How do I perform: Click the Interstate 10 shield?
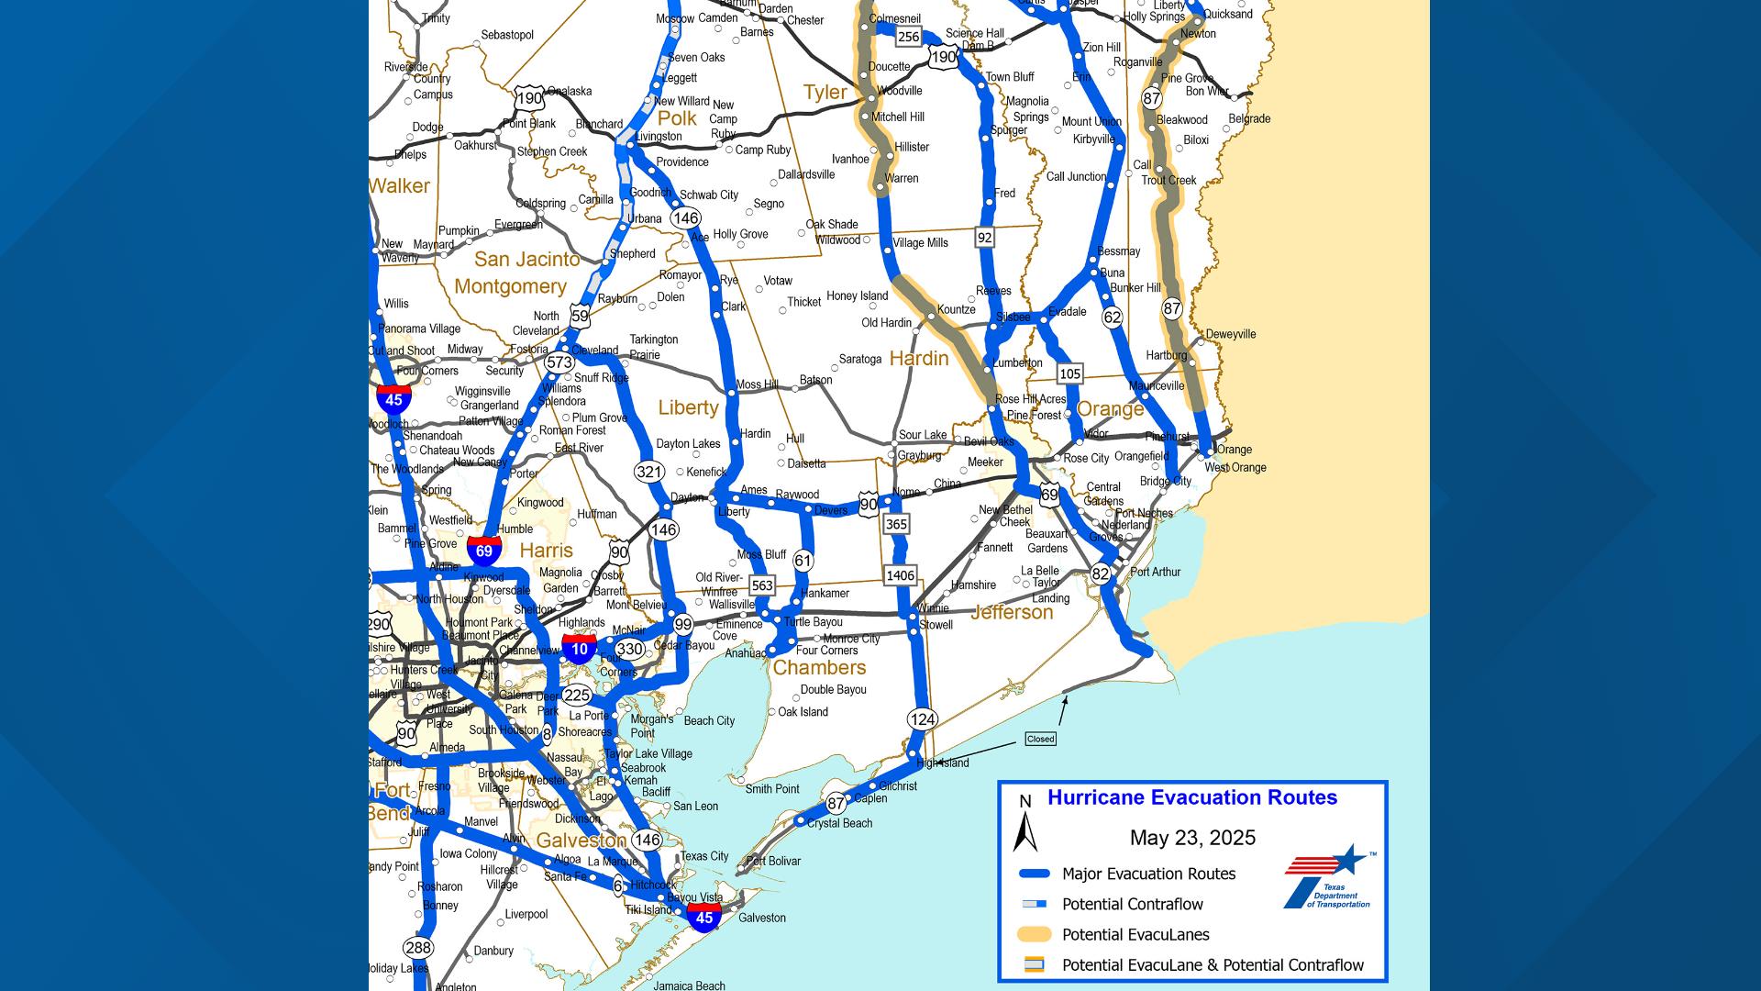[579, 649]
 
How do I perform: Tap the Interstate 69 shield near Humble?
[484, 551]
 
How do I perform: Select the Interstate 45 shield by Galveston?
[703, 917]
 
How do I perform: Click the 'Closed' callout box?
[1040, 739]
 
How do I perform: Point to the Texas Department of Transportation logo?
[1326, 877]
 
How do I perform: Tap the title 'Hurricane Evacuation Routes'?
[1192, 798]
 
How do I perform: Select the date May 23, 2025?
[1192, 838]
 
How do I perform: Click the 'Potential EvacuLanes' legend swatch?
[1034, 935]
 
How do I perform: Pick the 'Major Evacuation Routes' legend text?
[1148, 874]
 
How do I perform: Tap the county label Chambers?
[819, 668]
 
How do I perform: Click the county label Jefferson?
[1012, 612]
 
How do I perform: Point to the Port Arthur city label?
[1155, 572]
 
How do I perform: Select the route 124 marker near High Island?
[923, 718]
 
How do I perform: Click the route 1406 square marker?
[900, 575]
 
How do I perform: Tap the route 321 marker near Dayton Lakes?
[648, 472]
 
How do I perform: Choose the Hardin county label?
[918, 358]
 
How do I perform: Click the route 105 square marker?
[1069, 373]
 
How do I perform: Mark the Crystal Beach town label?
[839, 823]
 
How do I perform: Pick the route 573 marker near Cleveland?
[559, 362]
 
